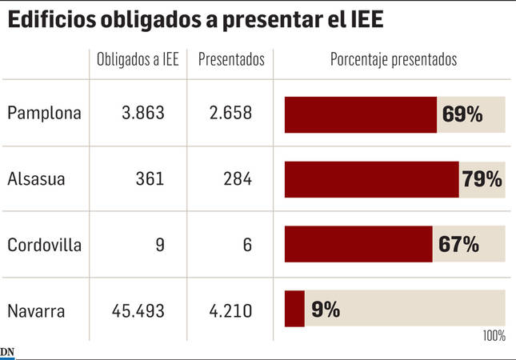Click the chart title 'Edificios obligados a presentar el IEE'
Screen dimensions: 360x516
(x=196, y=19)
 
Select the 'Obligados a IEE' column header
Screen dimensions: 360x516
(x=138, y=60)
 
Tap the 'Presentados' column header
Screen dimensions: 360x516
(x=231, y=60)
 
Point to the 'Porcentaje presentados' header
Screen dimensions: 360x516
(x=394, y=60)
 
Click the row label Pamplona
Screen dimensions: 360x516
(x=45, y=113)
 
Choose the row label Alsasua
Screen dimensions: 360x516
(x=36, y=178)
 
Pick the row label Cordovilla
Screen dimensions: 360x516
(x=45, y=245)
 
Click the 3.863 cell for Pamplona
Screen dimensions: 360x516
(x=143, y=113)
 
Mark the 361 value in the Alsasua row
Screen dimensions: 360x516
(x=150, y=178)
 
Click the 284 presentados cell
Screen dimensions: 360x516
(x=238, y=178)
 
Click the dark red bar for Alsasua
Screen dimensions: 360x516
(x=371, y=179)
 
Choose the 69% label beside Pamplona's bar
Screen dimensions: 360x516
(x=462, y=114)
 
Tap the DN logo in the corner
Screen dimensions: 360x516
(x=7, y=353)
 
